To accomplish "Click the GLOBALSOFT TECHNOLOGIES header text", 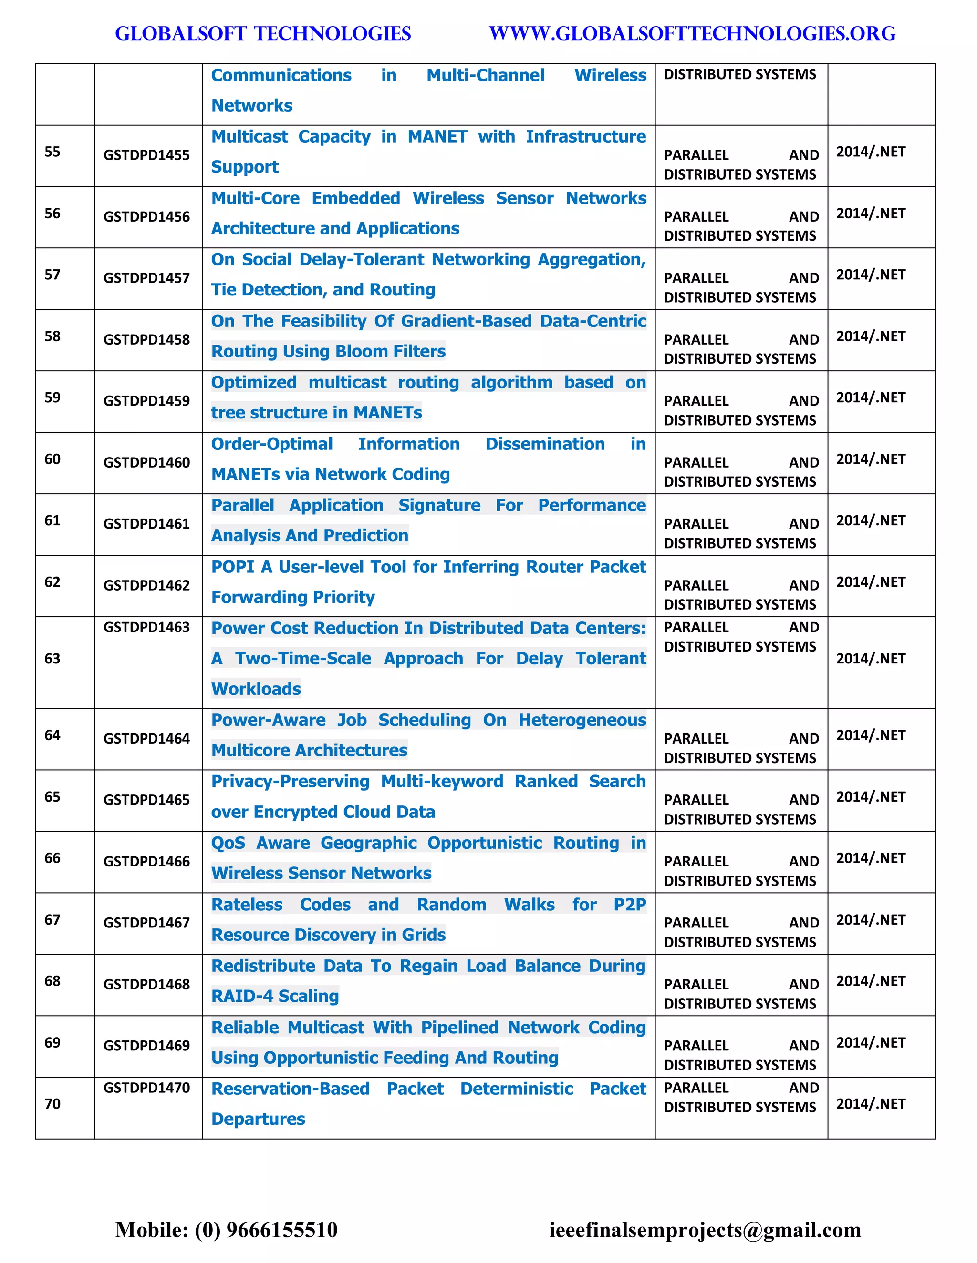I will click(x=263, y=33).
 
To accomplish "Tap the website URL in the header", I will click(x=692, y=33).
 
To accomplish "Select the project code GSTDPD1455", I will click(x=146, y=155).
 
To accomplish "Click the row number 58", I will click(x=52, y=336).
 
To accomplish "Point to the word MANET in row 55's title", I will click(x=437, y=136).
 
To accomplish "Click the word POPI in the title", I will click(x=233, y=567).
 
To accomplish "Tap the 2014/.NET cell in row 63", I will click(x=871, y=658).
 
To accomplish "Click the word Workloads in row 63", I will click(x=256, y=689).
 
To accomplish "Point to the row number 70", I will click(x=52, y=1103).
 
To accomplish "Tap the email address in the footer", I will click(x=705, y=1230).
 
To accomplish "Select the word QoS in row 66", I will click(x=228, y=843).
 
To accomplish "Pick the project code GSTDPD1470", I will click(x=146, y=1088).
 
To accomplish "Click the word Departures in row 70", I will click(x=258, y=1119).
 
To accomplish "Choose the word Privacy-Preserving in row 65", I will click(x=290, y=781).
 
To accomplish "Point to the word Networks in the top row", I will click(x=252, y=105).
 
